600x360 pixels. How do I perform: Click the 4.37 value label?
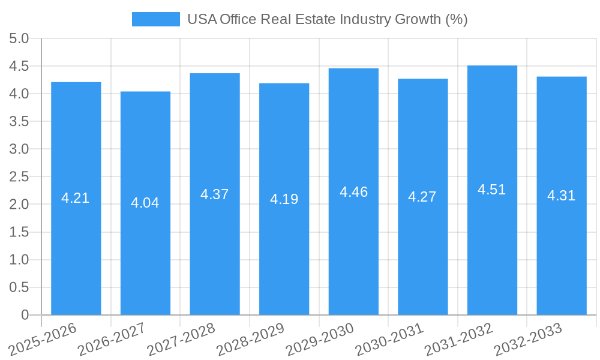point(215,194)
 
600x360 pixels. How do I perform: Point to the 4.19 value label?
point(284,199)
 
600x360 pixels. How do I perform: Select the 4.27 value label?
point(422,197)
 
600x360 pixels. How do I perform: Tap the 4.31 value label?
point(561,196)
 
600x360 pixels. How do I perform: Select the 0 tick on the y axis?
point(25,315)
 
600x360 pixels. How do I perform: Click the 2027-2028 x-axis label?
point(181,339)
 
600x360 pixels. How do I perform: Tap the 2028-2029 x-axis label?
point(250,339)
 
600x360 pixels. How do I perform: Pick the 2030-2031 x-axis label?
point(388,339)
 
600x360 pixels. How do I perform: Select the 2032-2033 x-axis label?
point(527,339)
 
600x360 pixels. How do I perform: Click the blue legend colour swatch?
point(156,19)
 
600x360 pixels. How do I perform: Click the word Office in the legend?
point(238,19)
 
